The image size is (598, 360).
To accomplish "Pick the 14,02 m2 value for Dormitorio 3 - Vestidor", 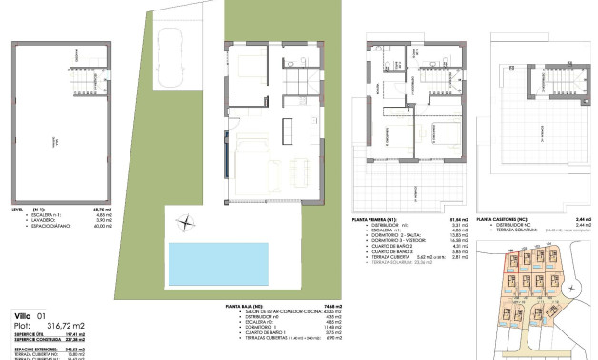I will pyautogui.click(x=460, y=241).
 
